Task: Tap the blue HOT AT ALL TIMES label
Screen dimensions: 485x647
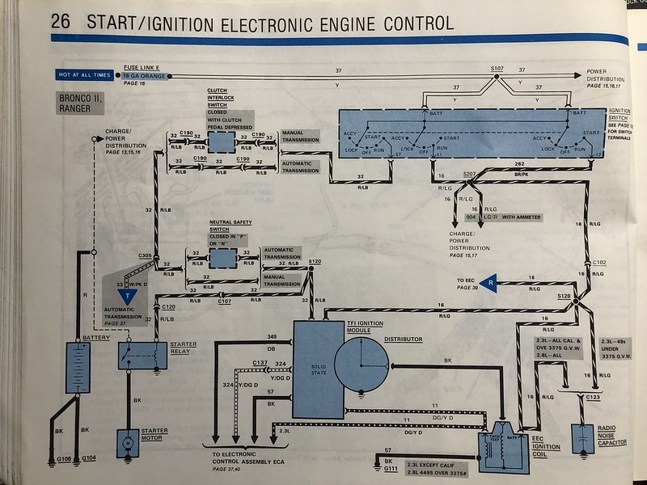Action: (84, 75)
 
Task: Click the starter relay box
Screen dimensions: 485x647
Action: (137, 352)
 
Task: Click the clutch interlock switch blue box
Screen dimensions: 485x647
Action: (220, 141)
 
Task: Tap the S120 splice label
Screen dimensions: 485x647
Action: (315, 262)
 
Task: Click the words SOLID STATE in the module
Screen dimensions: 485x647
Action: (319, 369)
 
